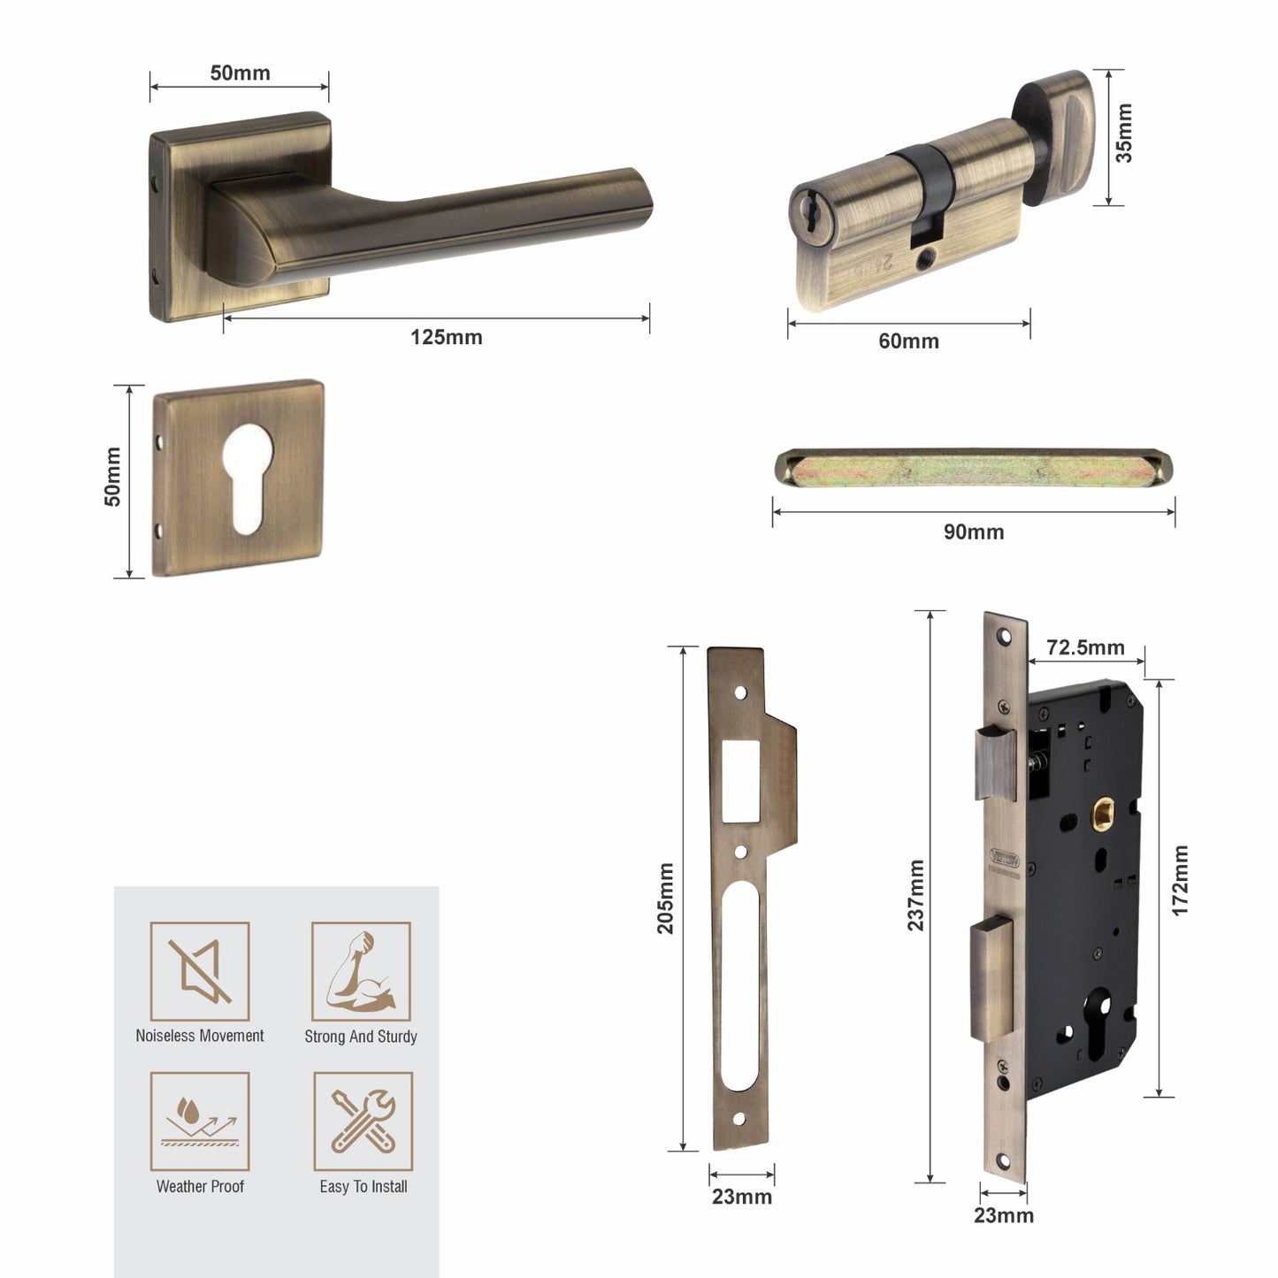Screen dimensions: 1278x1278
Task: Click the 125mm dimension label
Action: pos(446,337)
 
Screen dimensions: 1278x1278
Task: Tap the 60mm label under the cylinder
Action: pos(908,341)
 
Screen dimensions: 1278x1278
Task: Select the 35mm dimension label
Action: pos(1123,134)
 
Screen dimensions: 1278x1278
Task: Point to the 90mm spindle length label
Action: pos(973,532)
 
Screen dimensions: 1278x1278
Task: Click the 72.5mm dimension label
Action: pos(1085,647)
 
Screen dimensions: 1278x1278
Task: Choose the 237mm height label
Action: pos(915,895)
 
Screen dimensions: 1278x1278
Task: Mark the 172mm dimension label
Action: pos(1180,881)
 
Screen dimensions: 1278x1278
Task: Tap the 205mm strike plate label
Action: pos(665,899)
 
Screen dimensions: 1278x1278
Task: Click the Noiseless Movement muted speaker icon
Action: pos(200,971)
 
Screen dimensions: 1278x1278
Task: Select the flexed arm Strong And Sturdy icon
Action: pos(361,971)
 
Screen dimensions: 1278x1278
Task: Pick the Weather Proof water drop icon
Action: pos(200,1121)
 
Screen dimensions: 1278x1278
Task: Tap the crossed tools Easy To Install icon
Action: pos(363,1121)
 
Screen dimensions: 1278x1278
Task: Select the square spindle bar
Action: pos(973,467)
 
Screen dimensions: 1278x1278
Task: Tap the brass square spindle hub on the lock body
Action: pos(1102,812)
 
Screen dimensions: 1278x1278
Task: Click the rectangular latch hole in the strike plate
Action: pos(741,781)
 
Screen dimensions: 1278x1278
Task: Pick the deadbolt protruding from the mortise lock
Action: pos(992,979)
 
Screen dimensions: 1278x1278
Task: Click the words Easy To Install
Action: pos(364,1187)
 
